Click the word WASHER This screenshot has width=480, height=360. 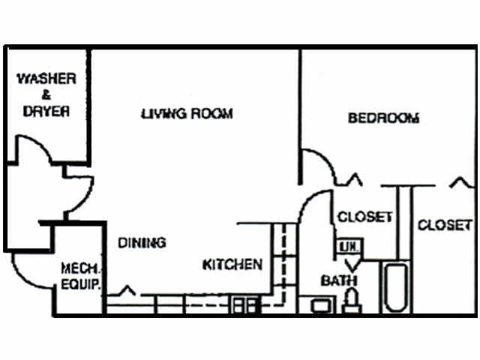pos(46,78)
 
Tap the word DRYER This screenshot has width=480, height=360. pos(46,111)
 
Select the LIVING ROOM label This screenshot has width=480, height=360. pos(187,114)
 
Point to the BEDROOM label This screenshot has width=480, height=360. pos(383,118)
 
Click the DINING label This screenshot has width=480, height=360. pos(142,242)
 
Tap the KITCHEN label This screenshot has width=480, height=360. pos(232,265)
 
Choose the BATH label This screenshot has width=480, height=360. pos(339,281)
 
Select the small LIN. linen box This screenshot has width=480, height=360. pos(348,247)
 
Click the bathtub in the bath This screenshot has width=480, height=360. pos(394,289)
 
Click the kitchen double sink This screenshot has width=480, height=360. pos(244,304)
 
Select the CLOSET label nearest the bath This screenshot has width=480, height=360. pos(364,217)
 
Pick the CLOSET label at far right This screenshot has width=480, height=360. pos(445,224)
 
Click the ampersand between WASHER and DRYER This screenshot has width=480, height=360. pos(46,94)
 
